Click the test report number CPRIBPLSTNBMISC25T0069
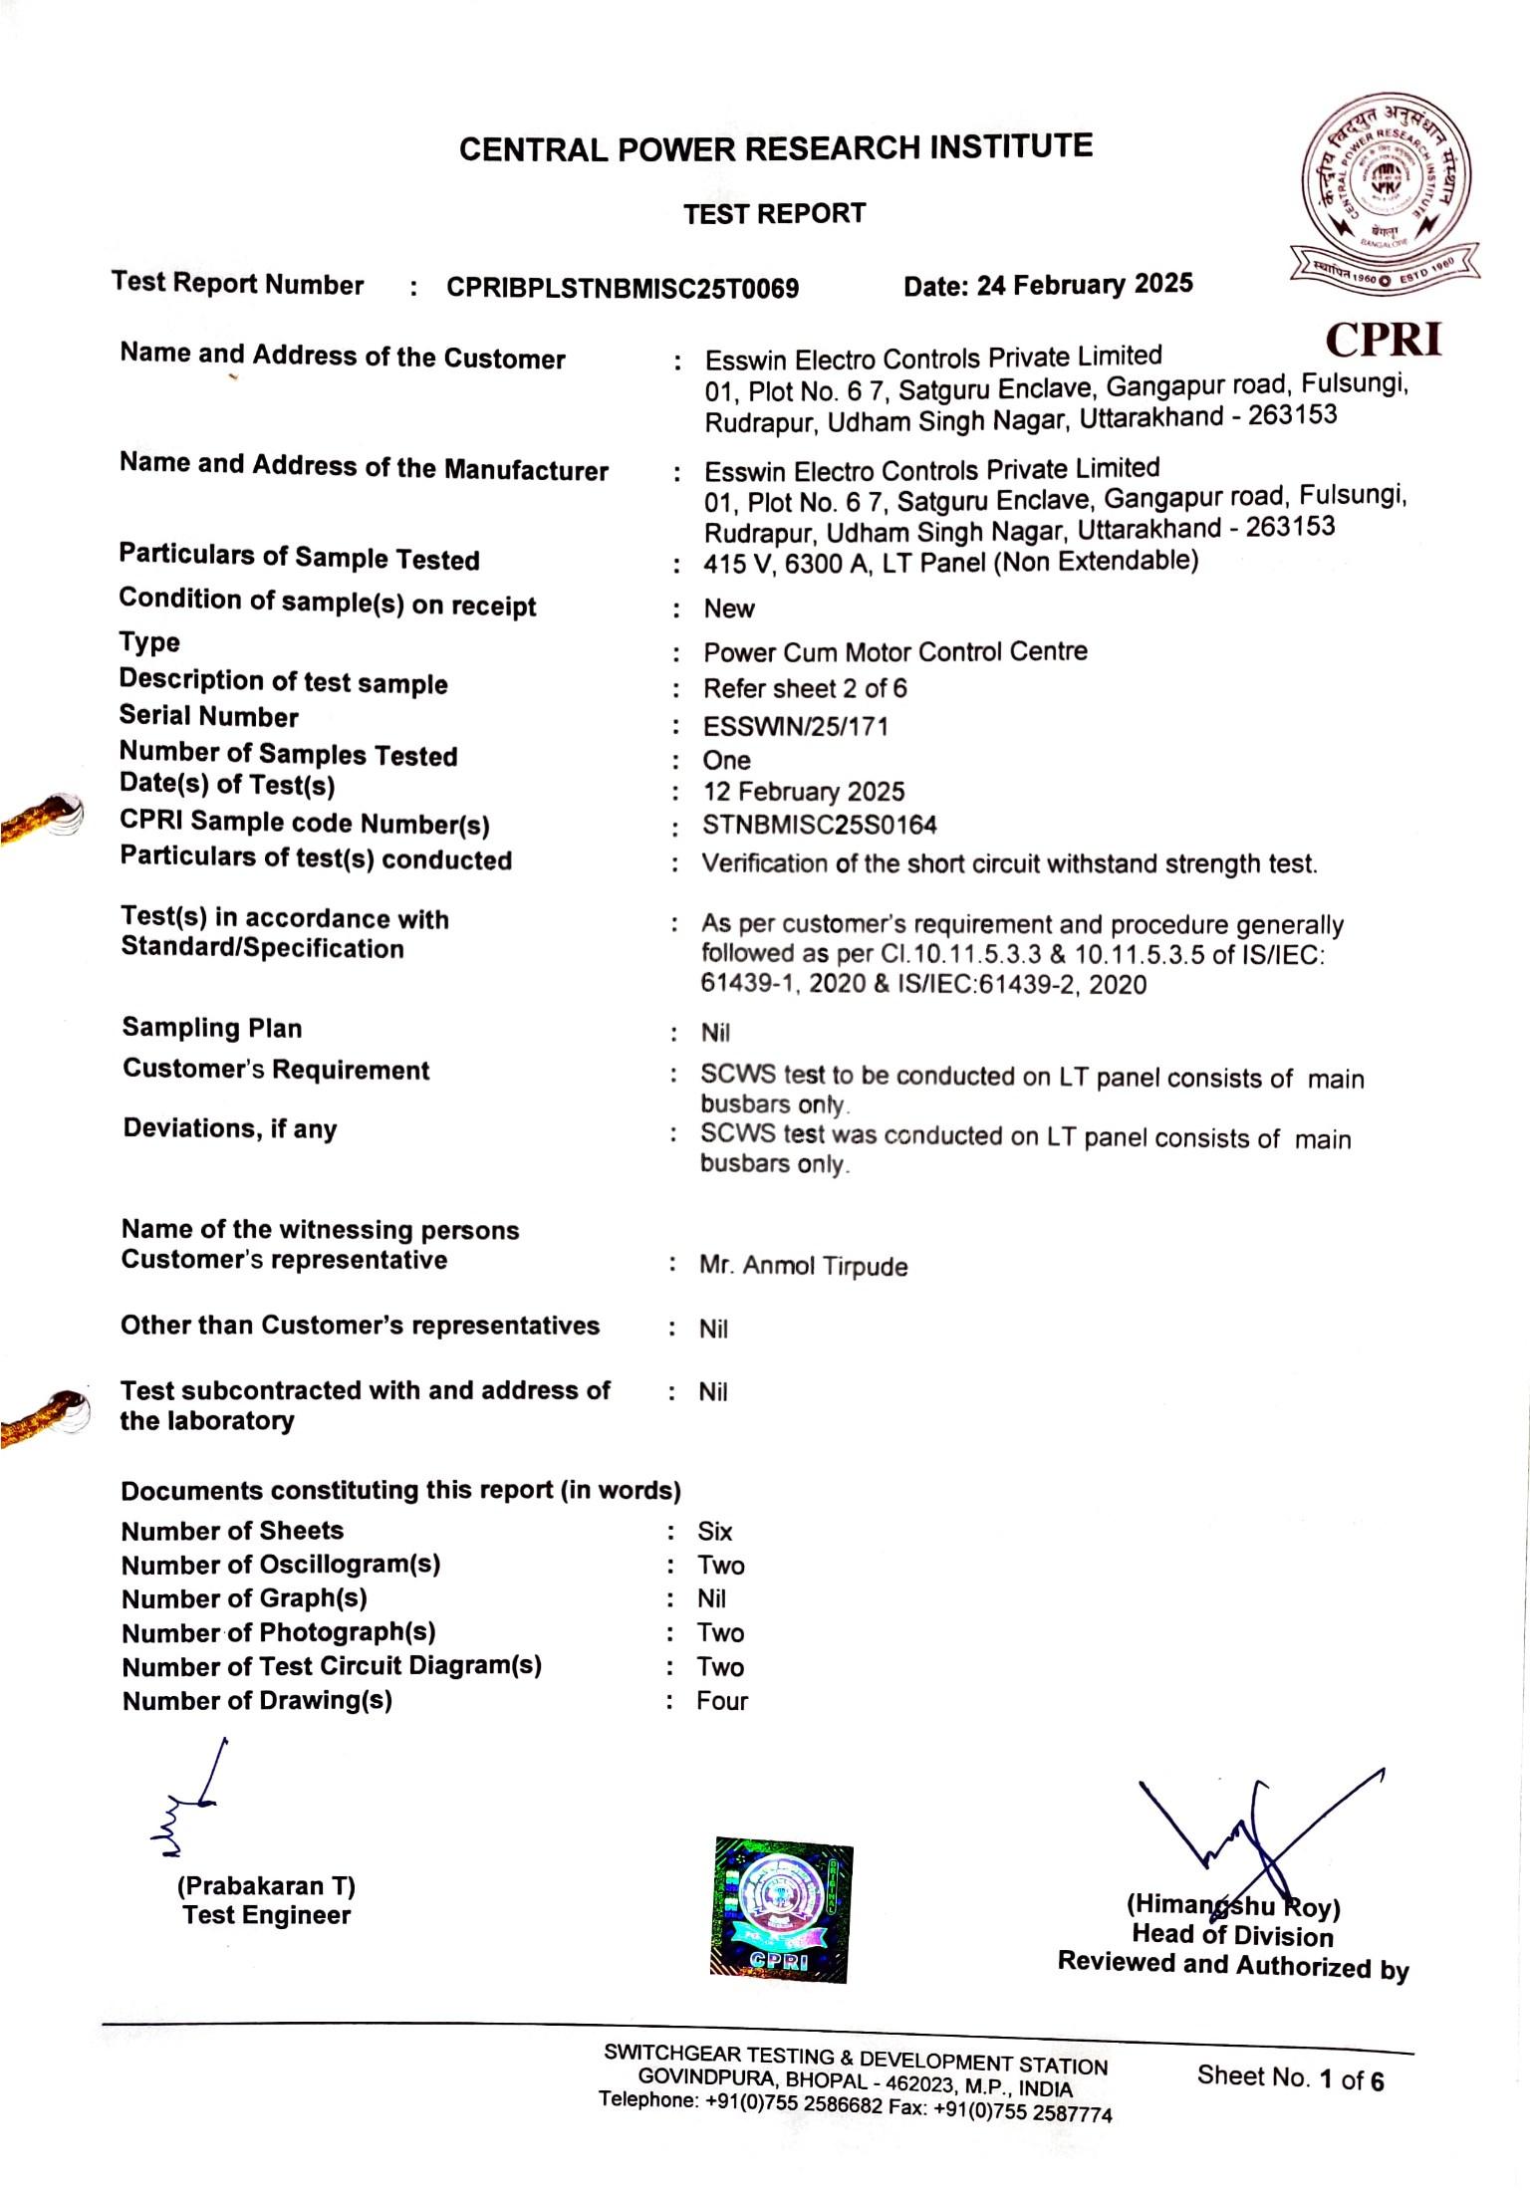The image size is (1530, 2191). click(x=622, y=288)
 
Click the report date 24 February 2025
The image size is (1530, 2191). click(x=1048, y=285)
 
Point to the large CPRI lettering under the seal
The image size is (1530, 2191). click(x=1384, y=340)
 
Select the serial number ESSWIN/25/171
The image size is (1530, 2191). click(x=795, y=726)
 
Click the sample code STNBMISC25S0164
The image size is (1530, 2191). click(x=819, y=825)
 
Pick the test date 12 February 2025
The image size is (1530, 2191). click(x=803, y=792)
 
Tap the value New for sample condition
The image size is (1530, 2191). click(x=728, y=609)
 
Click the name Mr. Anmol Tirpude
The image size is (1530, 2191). click(x=803, y=1266)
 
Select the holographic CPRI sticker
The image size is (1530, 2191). click(x=782, y=1909)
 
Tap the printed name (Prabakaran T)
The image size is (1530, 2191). click(x=266, y=1885)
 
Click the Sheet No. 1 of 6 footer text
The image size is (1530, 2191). click(x=1290, y=2078)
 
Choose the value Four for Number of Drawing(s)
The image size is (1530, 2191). click(x=721, y=1700)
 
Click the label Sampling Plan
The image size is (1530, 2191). click(x=211, y=1028)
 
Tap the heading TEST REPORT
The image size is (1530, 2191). click(x=774, y=213)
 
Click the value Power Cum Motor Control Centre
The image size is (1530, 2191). click(x=894, y=652)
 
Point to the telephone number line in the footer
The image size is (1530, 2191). click(x=855, y=2106)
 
